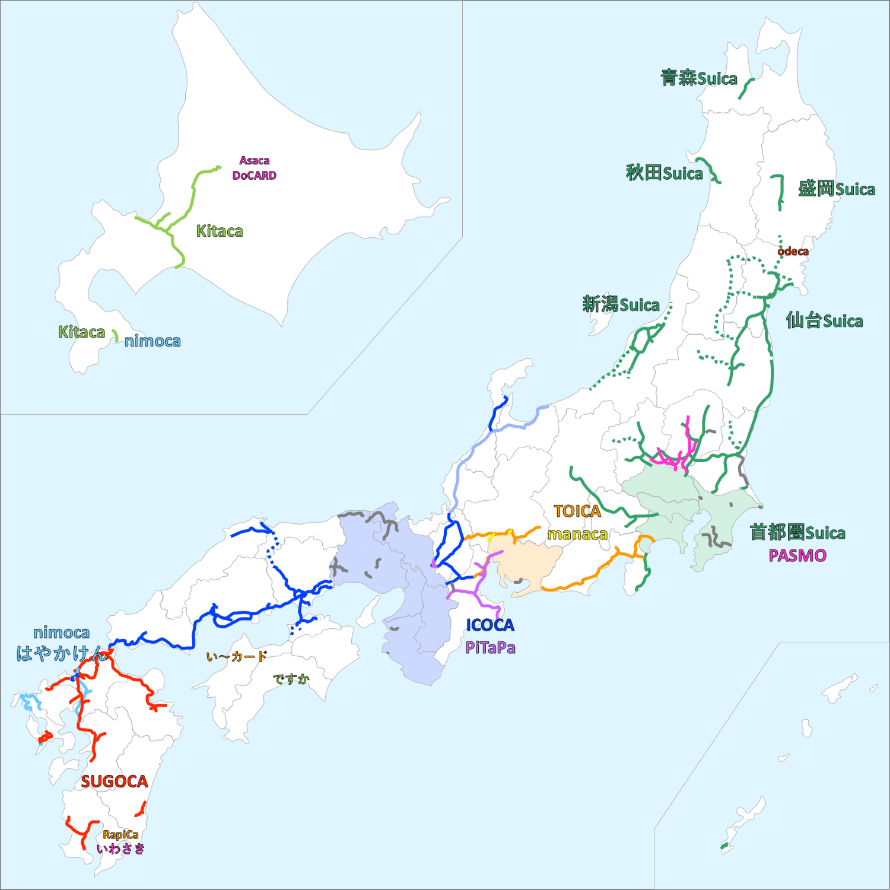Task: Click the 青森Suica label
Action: point(698,78)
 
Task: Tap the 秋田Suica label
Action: point(664,173)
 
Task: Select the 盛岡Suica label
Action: point(836,189)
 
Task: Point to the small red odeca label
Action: point(793,252)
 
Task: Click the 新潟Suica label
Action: point(621,305)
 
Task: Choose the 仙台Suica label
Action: point(824,321)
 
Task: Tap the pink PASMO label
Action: point(797,556)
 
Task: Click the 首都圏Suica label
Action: point(797,533)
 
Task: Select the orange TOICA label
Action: point(577,511)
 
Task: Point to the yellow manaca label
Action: point(577,535)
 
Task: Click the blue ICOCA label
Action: point(490,625)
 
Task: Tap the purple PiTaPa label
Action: point(490,648)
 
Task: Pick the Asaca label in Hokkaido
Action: point(254,161)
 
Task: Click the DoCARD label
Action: point(254,176)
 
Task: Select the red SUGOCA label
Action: point(114,782)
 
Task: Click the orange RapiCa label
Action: point(120,835)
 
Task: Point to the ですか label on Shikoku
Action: point(291,679)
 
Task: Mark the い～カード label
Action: point(236,657)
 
